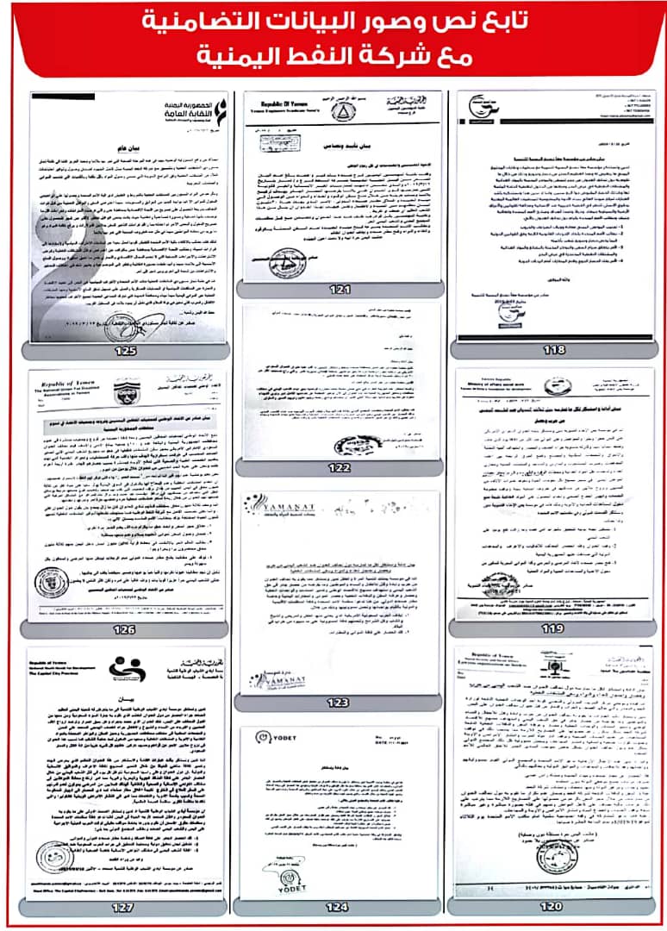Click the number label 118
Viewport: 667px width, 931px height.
(555, 350)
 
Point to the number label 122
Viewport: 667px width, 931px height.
(340, 467)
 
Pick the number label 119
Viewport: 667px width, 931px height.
(555, 629)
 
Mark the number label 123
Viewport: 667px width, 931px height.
(340, 703)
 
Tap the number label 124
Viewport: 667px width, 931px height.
(340, 906)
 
